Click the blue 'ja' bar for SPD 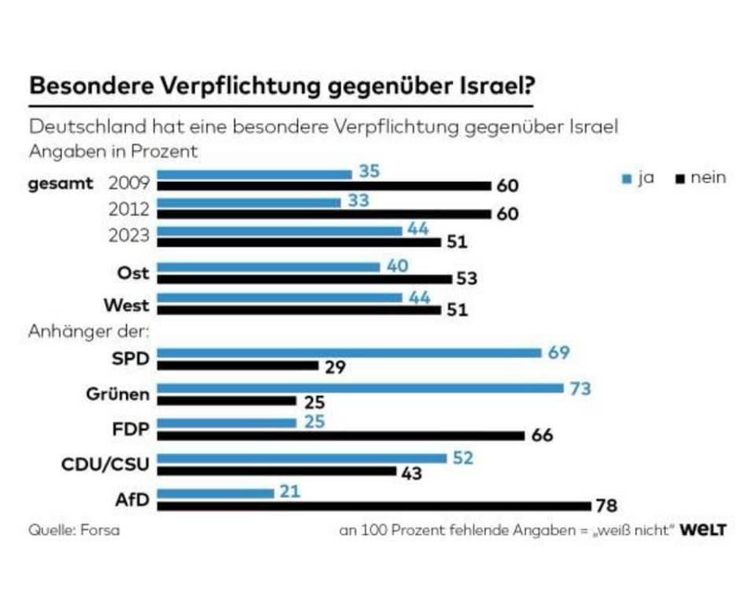[350, 352]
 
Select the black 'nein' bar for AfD [374, 506]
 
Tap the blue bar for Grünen [361, 388]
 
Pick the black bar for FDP [341, 435]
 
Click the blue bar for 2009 [255, 174]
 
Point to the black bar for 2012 [324, 214]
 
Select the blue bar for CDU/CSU [302, 458]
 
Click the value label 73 [580, 388]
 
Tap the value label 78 [606, 506]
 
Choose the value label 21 [289, 493]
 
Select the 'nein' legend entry [701, 178]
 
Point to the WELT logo [703, 530]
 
